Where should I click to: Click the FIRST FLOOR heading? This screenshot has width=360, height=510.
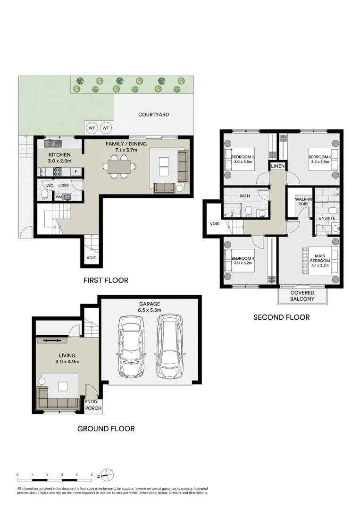tap(106, 280)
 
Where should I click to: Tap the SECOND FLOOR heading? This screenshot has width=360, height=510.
tap(282, 317)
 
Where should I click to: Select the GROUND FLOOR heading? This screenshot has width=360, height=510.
tap(106, 429)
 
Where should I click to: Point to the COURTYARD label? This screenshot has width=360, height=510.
tap(153, 115)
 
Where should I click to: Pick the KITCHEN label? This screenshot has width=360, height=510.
tap(60, 154)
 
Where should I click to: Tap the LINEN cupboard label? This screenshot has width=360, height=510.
tap(277, 166)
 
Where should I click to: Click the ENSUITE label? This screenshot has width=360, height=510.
tap(327, 219)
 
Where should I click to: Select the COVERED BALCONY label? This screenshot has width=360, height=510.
tap(302, 296)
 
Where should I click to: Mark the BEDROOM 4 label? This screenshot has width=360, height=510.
tap(243, 258)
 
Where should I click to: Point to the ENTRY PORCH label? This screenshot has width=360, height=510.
tap(93, 405)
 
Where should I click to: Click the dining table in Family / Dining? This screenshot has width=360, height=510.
tap(118, 166)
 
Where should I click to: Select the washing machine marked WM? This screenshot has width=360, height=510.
tap(59, 196)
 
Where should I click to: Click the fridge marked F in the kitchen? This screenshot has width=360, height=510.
tap(76, 172)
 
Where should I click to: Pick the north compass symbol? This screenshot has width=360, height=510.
tap(108, 475)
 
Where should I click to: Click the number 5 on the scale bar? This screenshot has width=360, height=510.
tap(92, 474)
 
